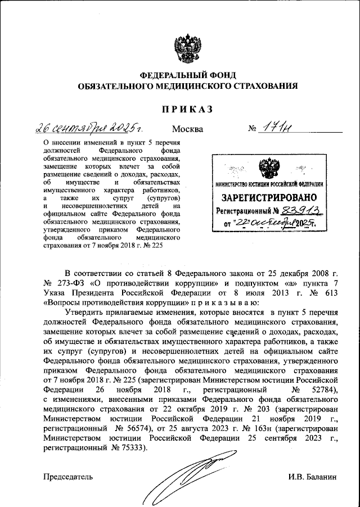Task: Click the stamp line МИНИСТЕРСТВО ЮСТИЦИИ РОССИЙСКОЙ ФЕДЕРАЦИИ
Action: [x=269, y=184]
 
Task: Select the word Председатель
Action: [x=68, y=477]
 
